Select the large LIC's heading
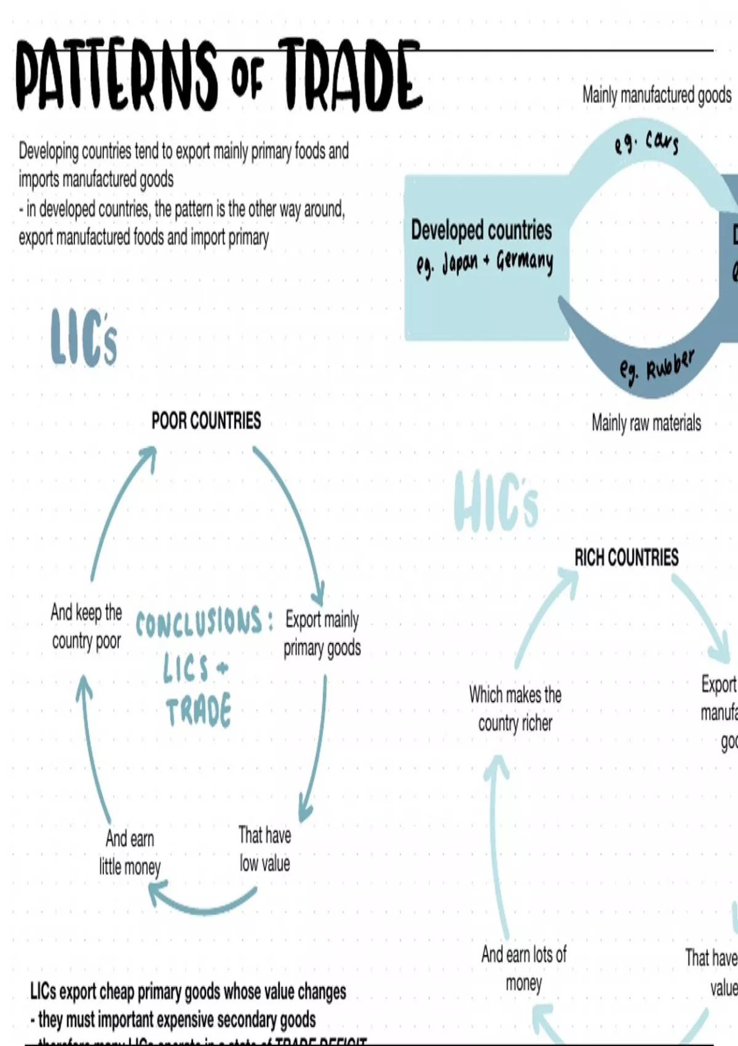click(84, 337)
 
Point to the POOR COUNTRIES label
click(206, 421)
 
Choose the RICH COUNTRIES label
click(626, 557)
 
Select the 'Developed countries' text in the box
click(481, 230)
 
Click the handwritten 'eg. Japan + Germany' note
click(484, 262)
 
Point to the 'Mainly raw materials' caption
click(646, 423)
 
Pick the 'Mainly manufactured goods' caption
click(656, 95)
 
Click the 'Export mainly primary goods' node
click(322, 633)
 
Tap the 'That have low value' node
click(264, 849)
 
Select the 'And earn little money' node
click(130, 852)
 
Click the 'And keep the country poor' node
click(86, 626)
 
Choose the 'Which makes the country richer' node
click(515, 709)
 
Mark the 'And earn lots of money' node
click(523, 968)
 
